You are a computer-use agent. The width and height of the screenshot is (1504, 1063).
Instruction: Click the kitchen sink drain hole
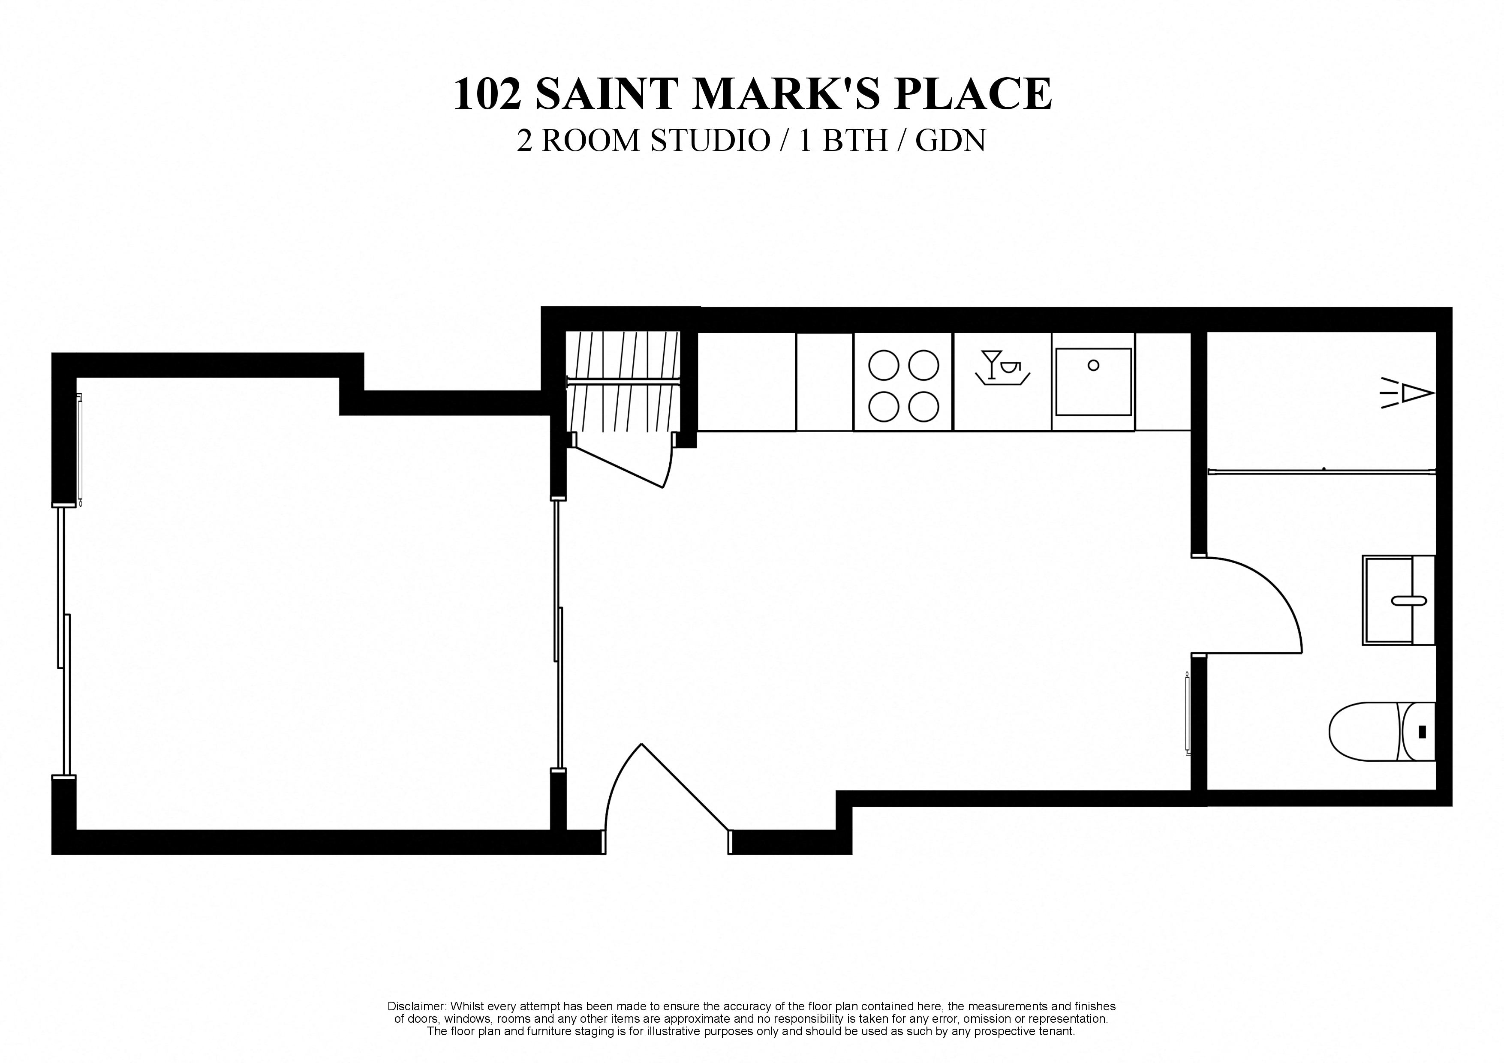coord(1093,366)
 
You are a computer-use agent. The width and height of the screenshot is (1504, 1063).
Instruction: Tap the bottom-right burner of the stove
coord(923,407)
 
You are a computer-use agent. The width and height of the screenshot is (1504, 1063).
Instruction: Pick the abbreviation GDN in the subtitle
coord(950,141)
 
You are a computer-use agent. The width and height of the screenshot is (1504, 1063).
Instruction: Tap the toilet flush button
coord(1422,732)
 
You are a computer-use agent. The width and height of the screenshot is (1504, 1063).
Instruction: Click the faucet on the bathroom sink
coord(1408,600)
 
